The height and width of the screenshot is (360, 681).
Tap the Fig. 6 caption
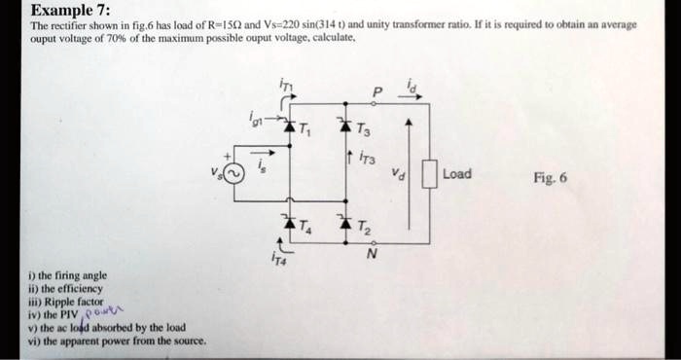click(x=551, y=178)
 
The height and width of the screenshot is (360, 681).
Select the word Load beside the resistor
click(x=456, y=174)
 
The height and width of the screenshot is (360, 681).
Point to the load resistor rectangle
click(x=428, y=176)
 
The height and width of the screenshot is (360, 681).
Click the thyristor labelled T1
click(x=288, y=129)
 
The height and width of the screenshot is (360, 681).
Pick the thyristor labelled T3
click(x=342, y=129)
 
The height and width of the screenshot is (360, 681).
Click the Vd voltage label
click(x=396, y=176)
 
